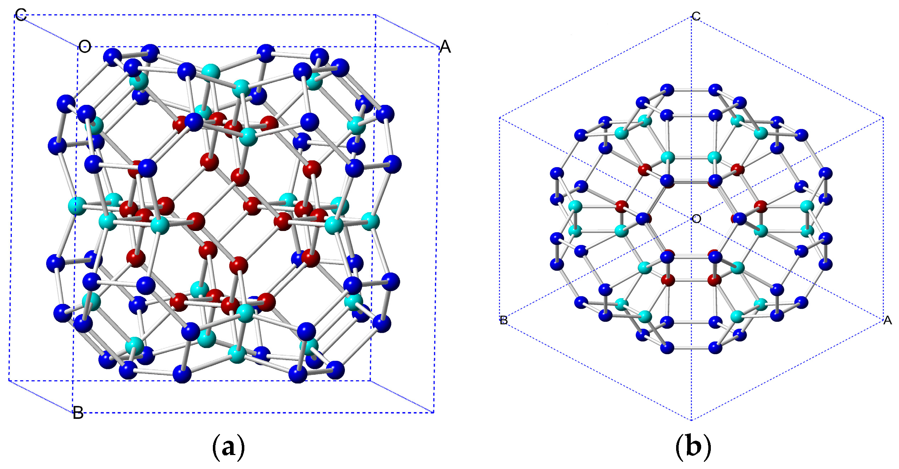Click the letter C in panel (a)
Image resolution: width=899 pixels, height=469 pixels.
tap(21, 15)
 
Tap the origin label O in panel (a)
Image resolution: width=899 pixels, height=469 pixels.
tap(85, 46)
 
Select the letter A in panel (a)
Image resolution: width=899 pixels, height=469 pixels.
tap(445, 47)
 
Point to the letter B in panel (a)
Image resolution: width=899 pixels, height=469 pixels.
tap(78, 413)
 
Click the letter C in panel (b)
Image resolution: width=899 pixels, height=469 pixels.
tap(696, 16)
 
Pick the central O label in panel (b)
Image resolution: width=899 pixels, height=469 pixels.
tap(696, 218)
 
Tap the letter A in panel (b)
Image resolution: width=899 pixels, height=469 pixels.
tap(888, 320)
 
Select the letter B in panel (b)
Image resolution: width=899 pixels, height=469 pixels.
tap(504, 320)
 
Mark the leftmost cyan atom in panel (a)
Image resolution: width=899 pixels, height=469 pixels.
tap(77, 206)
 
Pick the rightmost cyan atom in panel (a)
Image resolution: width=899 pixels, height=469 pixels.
tap(371, 221)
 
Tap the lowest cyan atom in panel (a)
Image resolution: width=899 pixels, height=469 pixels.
tap(237, 354)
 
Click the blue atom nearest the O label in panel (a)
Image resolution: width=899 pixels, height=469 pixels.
tap(112, 57)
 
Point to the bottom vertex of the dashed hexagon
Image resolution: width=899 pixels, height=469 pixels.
tap(691, 420)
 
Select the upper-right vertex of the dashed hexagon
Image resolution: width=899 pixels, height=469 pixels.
tap(883, 117)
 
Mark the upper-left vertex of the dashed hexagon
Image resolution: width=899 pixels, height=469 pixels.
tap(500, 117)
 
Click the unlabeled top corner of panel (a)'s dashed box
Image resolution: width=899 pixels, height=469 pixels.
tap(376, 15)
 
